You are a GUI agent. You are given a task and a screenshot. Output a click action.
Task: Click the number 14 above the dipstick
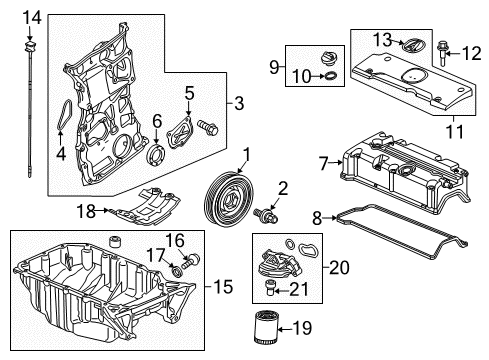[33, 17]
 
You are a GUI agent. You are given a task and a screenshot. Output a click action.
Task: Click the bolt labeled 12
[443, 46]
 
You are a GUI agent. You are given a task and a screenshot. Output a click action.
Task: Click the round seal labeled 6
[156, 154]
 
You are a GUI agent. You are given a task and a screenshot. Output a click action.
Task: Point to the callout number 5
[189, 95]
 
